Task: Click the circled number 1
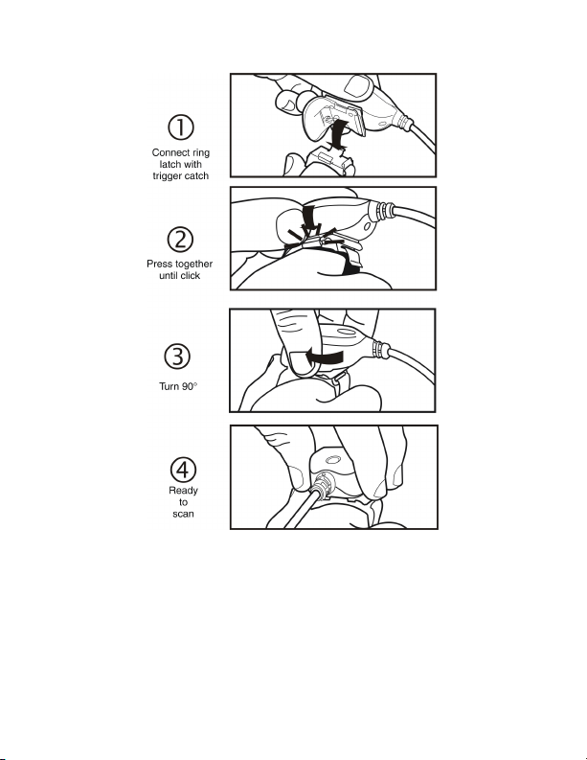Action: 181,127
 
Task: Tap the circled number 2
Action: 180,240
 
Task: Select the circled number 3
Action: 177,357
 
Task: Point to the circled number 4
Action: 183,470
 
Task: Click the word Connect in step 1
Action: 169,152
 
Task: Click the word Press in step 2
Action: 158,264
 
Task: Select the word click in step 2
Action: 190,275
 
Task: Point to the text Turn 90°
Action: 178,386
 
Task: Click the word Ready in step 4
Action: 183,491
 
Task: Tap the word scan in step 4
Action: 183,514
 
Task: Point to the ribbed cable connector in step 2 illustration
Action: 383,210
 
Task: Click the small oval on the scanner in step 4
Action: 332,459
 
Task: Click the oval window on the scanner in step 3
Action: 347,333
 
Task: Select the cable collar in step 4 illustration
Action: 321,486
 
